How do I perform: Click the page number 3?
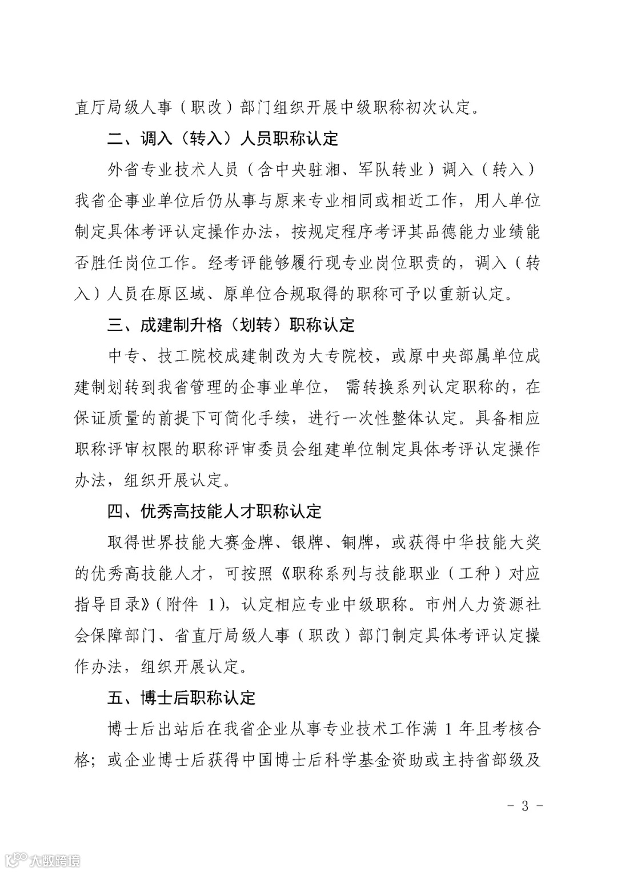tap(524, 806)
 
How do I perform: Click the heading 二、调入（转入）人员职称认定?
tap(223, 138)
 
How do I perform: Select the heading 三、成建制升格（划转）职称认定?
tap(231, 326)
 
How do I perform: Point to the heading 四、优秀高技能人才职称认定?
tap(214, 511)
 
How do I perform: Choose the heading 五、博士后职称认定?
tap(181, 697)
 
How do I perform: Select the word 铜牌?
tap(357, 543)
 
